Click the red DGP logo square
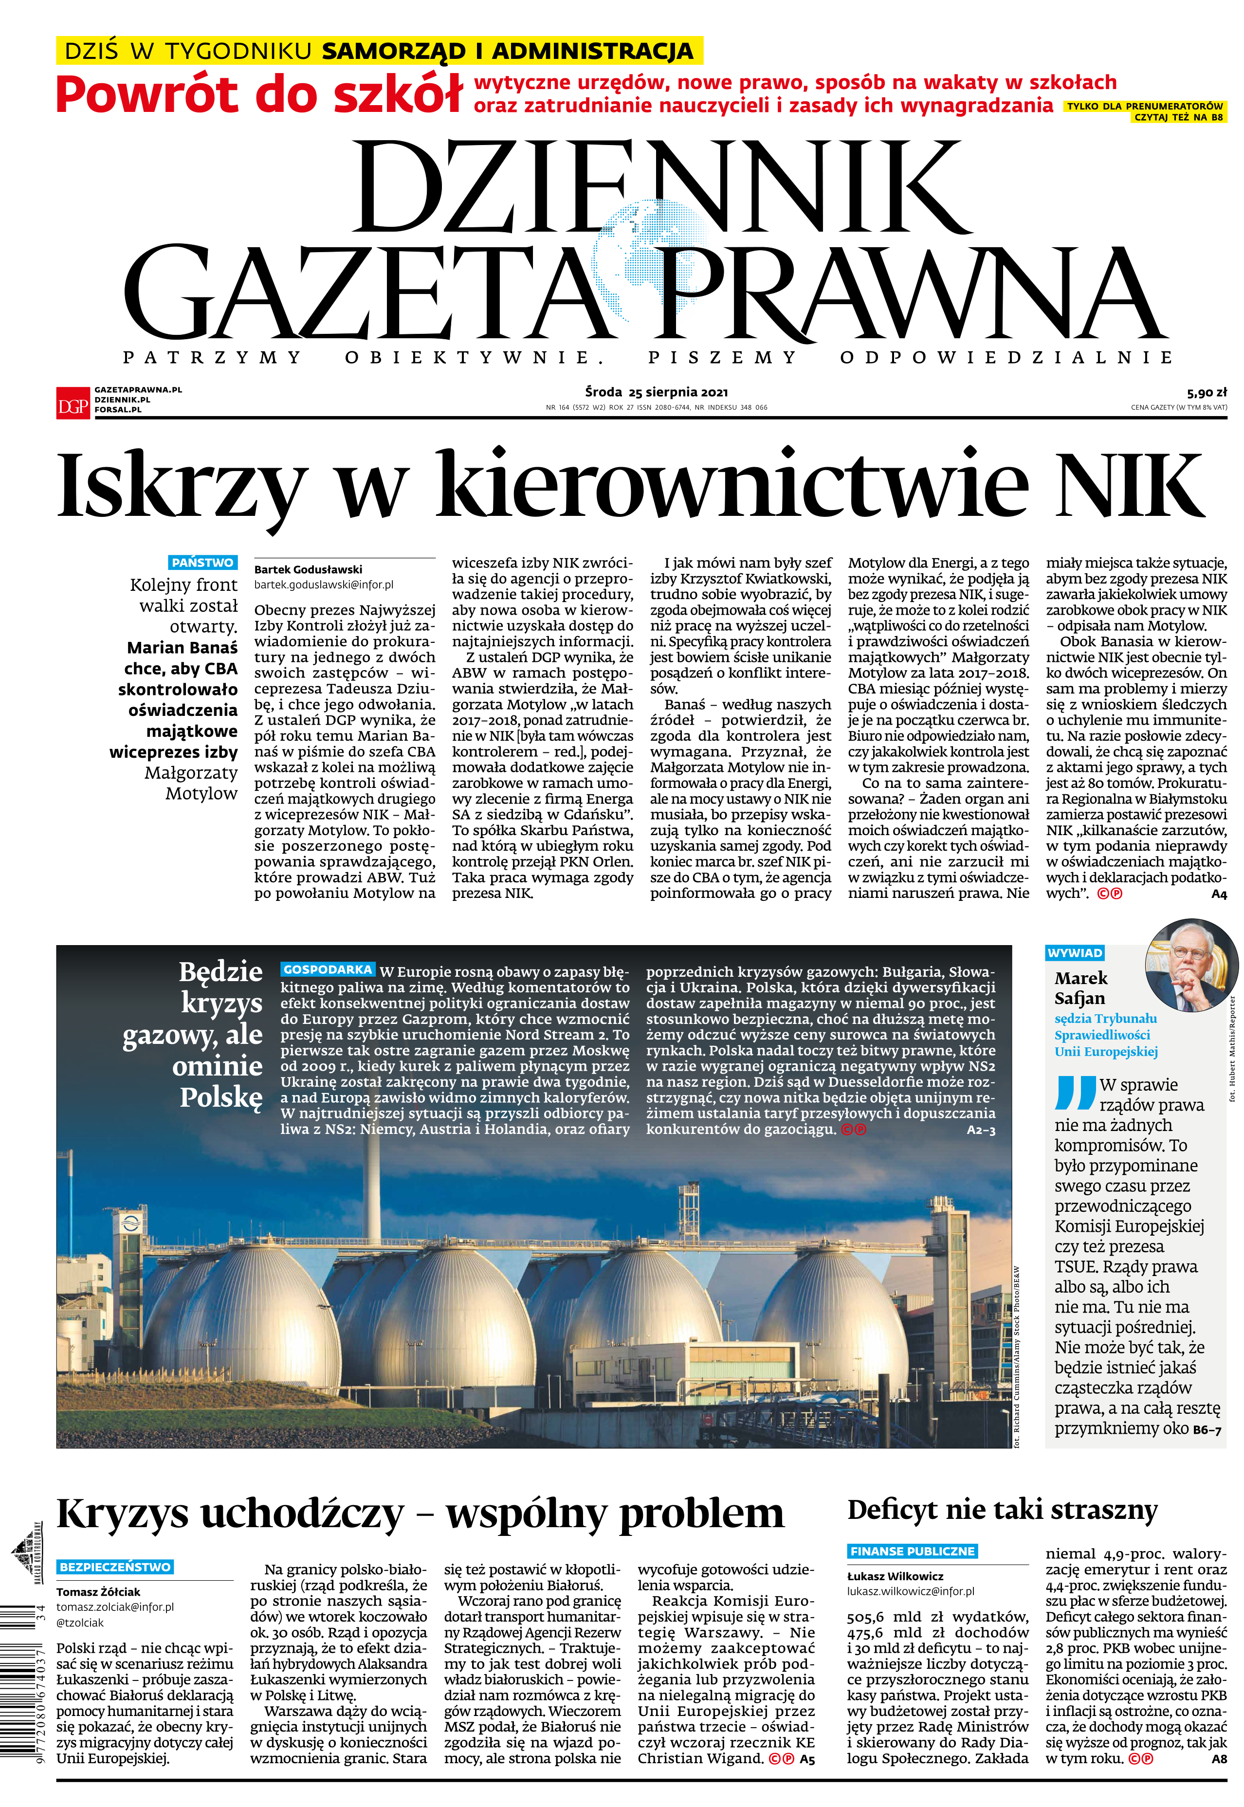point(73,403)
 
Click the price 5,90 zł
point(1207,393)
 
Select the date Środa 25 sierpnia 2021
point(656,392)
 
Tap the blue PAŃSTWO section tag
point(202,563)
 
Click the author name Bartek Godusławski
point(308,569)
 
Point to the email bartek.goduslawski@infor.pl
point(324,584)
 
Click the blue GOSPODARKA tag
point(328,969)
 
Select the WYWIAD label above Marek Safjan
point(1074,953)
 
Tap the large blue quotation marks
point(1076,1093)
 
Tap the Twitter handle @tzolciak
point(79,1623)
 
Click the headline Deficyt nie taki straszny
point(1003,1511)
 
